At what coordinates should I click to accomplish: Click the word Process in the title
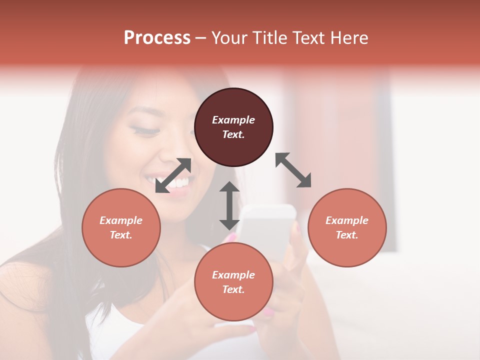(157, 37)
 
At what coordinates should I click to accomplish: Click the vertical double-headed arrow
(229, 205)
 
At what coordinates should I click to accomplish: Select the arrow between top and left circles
(173, 175)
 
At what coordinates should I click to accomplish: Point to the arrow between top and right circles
(293, 170)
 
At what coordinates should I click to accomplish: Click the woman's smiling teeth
(177, 183)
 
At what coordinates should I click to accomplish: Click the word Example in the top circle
(233, 120)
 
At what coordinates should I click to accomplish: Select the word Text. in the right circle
(347, 235)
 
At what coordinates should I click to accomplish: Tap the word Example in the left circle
(121, 220)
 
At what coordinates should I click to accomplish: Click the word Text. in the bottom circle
(233, 289)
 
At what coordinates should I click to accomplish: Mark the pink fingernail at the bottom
(269, 313)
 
